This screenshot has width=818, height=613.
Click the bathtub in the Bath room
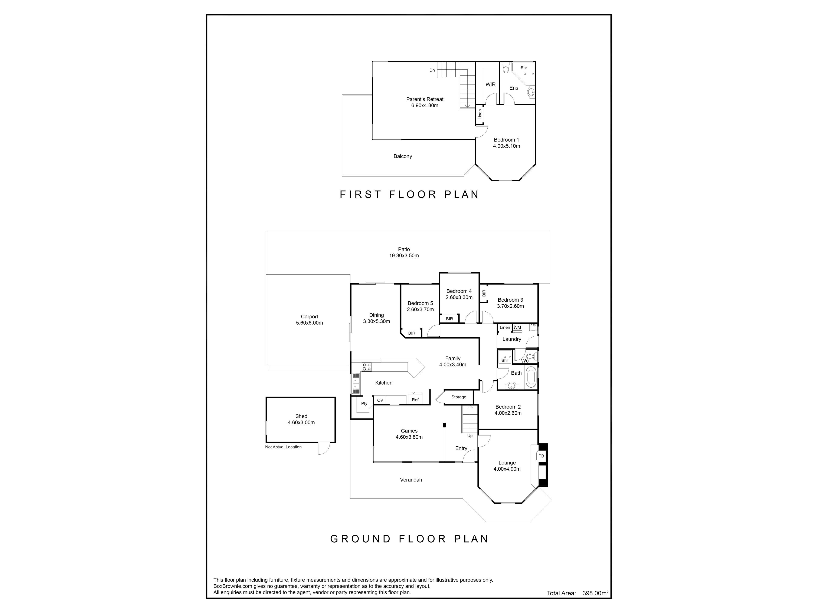click(x=531, y=377)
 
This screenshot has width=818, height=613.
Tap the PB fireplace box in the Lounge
click(x=541, y=456)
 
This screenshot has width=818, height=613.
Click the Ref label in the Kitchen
click(x=415, y=400)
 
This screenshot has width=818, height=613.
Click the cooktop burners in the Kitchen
click(x=366, y=367)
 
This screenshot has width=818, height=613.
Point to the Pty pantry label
click(x=364, y=404)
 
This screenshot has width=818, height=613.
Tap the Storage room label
click(x=459, y=397)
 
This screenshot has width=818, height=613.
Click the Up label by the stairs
click(x=470, y=436)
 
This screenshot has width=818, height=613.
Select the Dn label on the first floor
click(x=432, y=70)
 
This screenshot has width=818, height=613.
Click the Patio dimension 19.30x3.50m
click(x=404, y=256)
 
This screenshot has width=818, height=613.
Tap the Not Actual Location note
click(x=283, y=447)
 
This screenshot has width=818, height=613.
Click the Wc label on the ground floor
click(x=524, y=361)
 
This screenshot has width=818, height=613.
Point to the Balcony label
click(x=403, y=156)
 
